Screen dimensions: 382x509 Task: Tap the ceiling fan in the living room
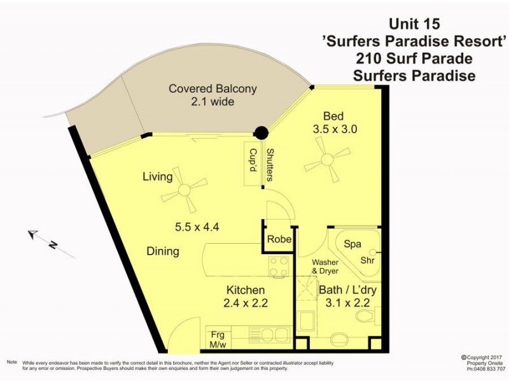185,189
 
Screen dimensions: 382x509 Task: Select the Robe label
279,240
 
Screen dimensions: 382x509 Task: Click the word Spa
352,244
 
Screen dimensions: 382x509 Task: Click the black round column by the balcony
260,133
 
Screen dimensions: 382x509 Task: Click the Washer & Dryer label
326,267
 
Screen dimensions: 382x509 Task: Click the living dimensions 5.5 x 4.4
197,227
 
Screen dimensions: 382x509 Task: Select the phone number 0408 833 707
486,368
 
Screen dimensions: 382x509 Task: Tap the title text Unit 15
414,25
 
